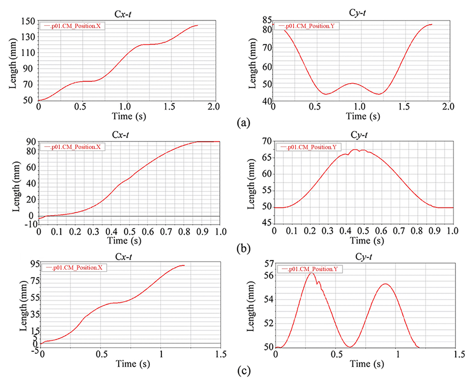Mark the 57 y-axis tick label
click(267, 263)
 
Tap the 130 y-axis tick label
click(29, 37)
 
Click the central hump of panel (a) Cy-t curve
click(352, 83)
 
